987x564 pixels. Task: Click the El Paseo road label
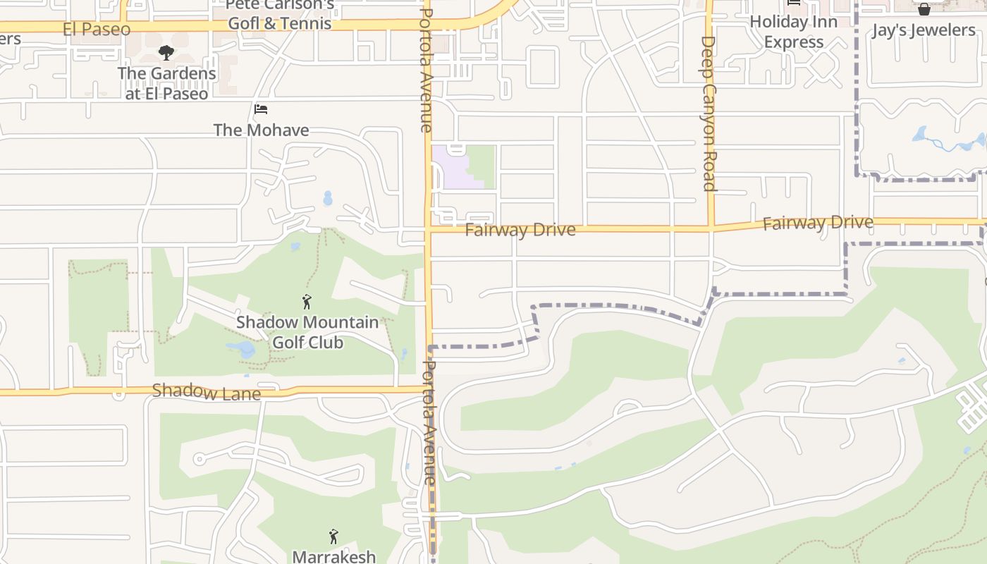97,30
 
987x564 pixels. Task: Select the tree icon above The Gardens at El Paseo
166,52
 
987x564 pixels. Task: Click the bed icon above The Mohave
261,109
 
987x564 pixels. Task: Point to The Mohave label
261,130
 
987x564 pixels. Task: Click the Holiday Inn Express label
794,32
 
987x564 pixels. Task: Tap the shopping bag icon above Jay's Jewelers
924,9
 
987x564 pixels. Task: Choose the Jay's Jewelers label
924,30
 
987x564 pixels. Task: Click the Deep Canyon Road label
709,113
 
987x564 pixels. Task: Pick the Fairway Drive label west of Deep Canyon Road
520,230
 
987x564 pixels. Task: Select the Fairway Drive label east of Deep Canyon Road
818,223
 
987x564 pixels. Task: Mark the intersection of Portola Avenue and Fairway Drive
429,229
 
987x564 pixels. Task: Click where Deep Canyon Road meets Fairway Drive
711,228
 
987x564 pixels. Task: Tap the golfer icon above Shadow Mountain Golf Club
307,302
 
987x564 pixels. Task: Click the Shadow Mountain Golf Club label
307,332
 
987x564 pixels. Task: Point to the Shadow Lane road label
206,392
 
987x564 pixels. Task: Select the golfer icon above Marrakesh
333,537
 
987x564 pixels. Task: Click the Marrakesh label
333,556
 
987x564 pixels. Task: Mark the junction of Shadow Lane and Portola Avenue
429,388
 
